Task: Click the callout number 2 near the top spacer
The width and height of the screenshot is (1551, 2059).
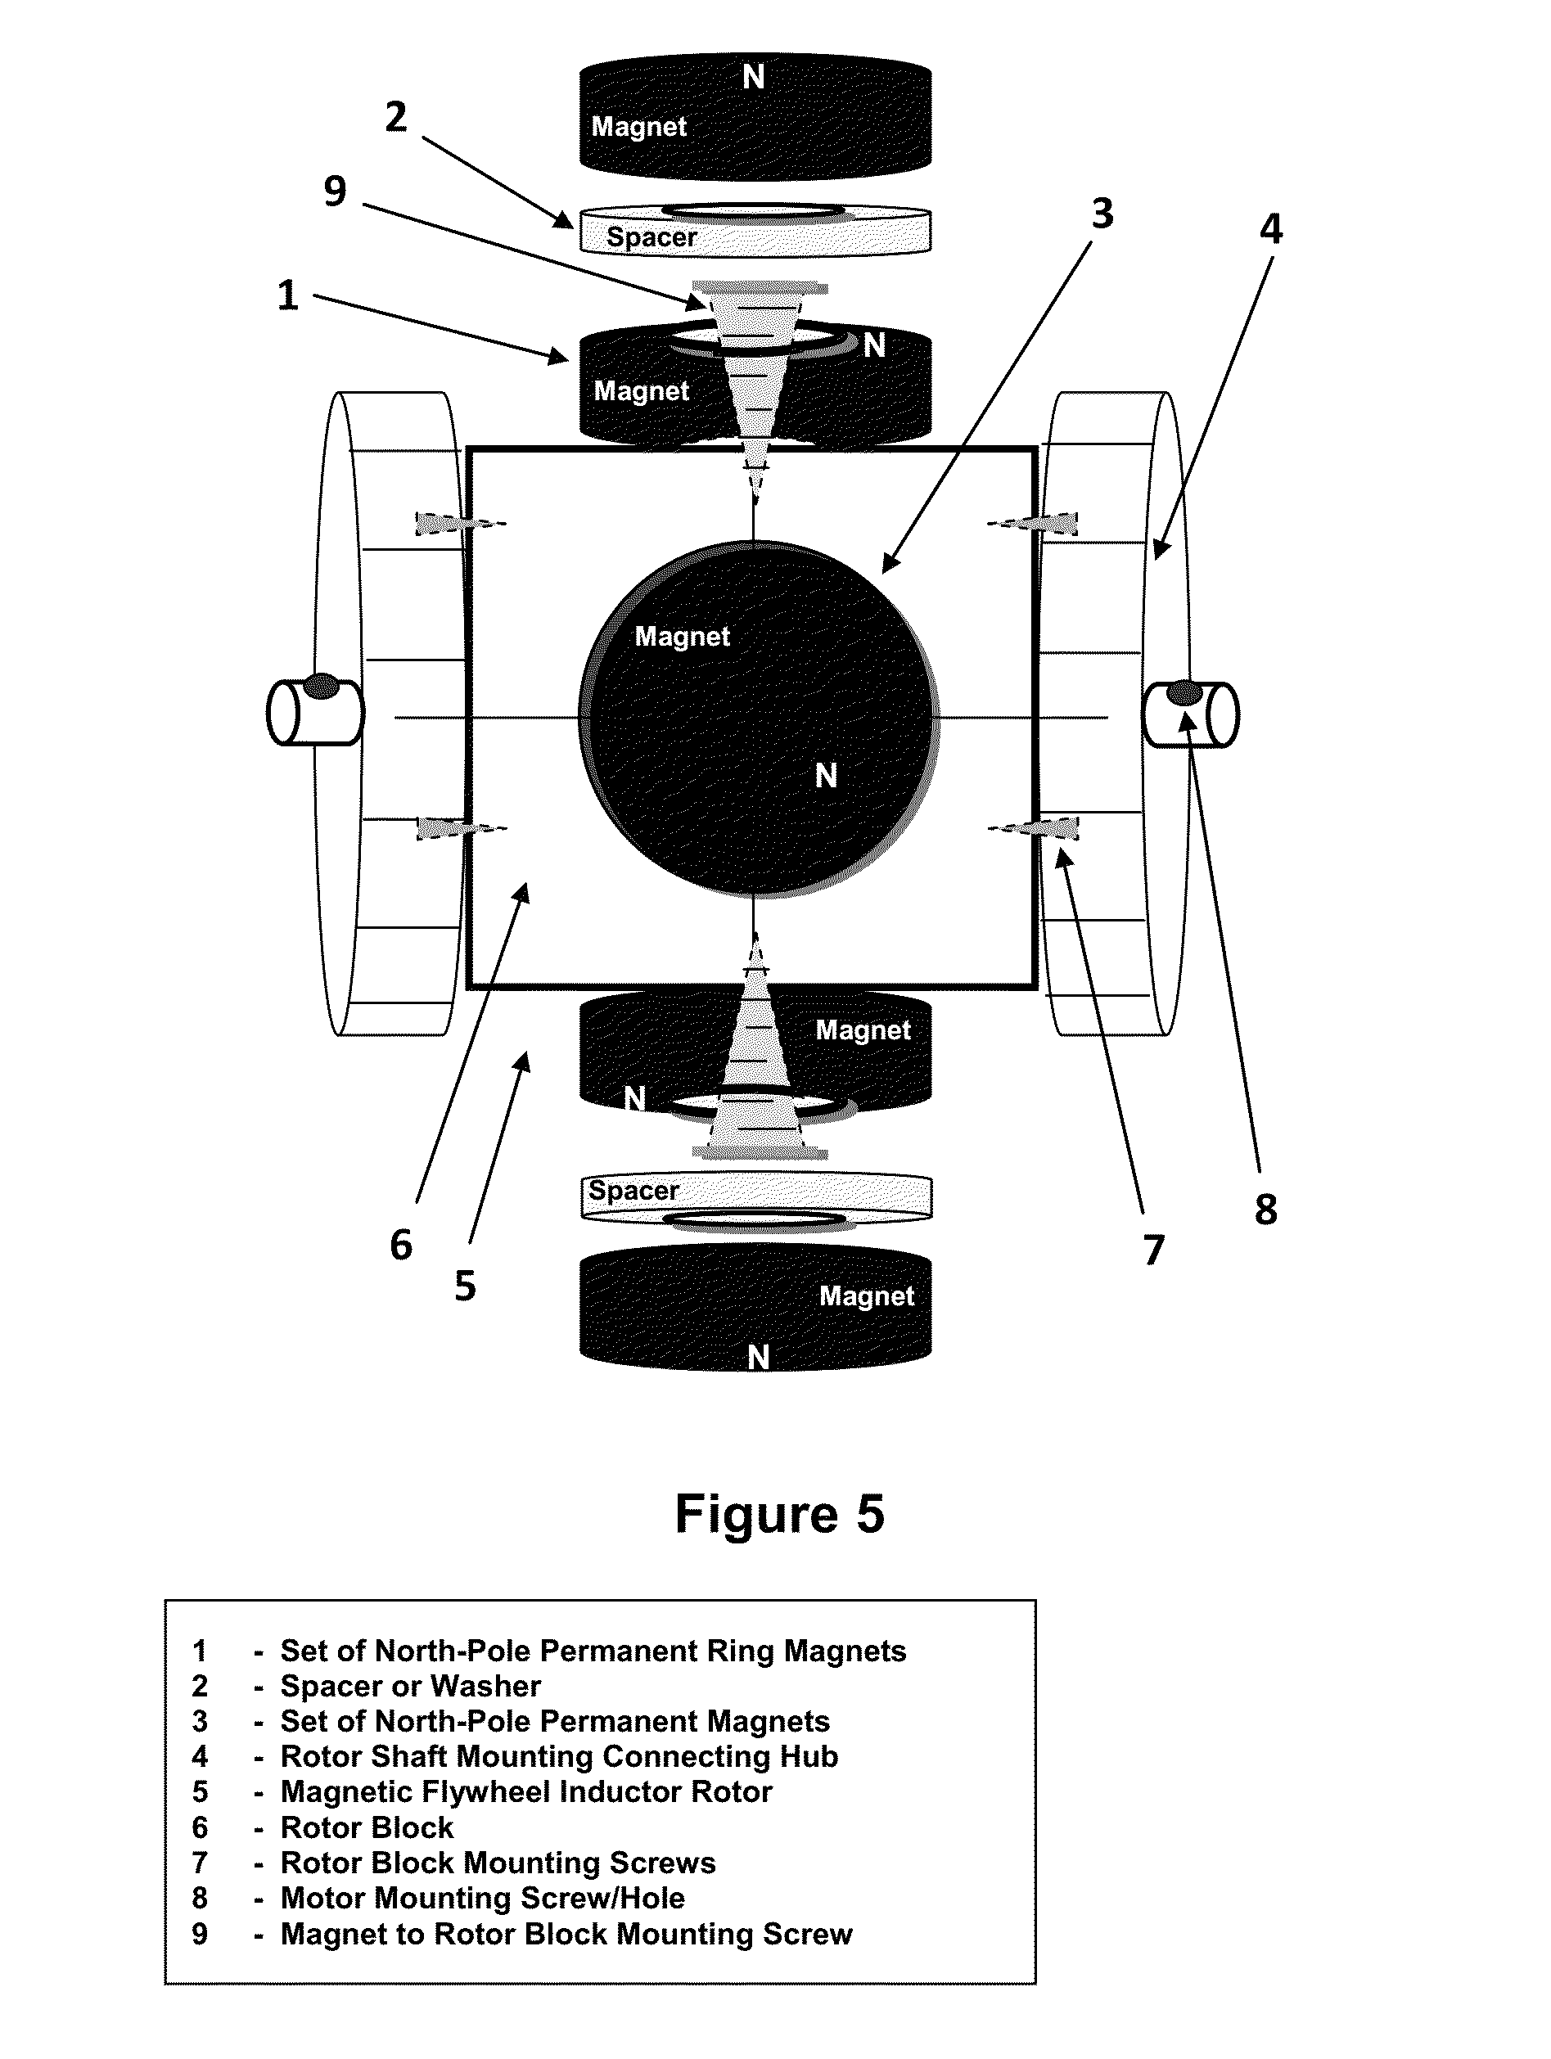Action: click(395, 117)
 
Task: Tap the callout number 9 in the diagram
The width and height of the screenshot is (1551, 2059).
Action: click(335, 191)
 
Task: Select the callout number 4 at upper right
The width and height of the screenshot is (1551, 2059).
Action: click(1271, 229)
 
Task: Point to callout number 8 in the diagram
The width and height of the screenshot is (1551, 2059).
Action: click(1265, 1210)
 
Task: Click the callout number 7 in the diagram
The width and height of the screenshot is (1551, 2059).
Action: click(1153, 1250)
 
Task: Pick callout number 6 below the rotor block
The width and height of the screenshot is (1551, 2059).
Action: click(400, 1245)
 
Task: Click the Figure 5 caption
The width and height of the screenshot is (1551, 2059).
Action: click(779, 1515)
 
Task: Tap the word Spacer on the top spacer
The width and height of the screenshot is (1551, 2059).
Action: click(652, 237)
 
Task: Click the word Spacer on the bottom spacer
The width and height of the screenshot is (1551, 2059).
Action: click(634, 1191)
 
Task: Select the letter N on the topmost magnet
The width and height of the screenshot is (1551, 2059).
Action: click(753, 77)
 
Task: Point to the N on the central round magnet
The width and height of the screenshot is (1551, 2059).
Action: click(826, 775)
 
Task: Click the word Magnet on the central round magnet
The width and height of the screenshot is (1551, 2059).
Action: click(683, 637)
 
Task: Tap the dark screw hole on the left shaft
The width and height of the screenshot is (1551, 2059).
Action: click(321, 686)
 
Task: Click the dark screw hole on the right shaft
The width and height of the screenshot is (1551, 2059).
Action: click(1184, 692)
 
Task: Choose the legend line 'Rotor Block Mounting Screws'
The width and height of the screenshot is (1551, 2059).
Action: click(498, 1863)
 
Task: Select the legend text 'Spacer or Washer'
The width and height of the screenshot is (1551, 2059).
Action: click(411, 1686)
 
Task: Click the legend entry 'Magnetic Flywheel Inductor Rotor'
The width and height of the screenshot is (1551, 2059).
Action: click(526, 1792)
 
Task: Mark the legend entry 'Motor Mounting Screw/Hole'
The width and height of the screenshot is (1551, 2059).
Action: click(482, 1898)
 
